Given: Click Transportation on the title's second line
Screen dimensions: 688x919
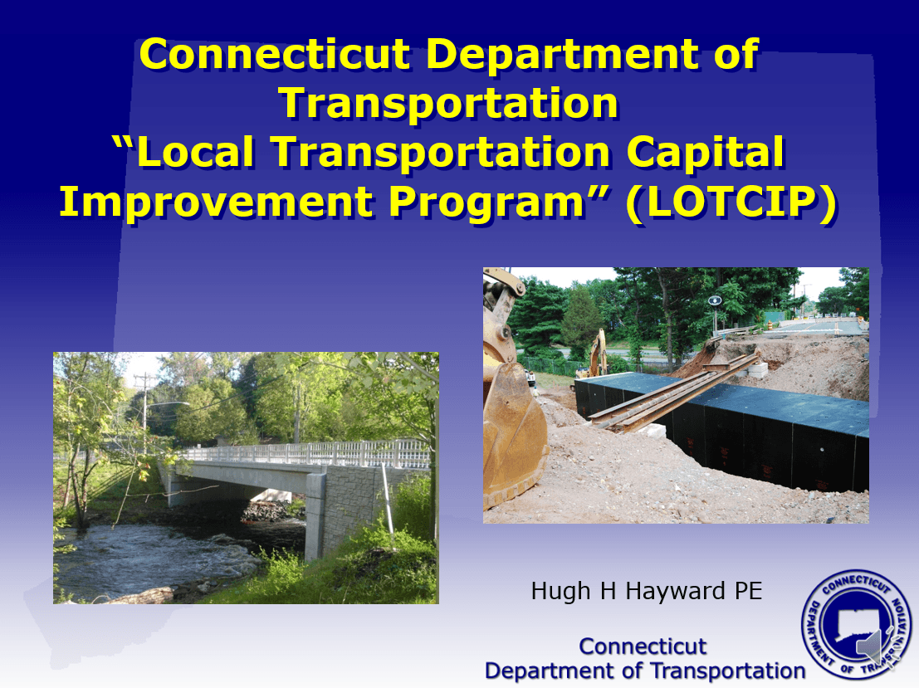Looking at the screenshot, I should coord(448,104).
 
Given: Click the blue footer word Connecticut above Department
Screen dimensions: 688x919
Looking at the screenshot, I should coord(643,646).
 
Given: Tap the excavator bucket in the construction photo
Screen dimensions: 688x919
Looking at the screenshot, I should coord(512,432).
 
